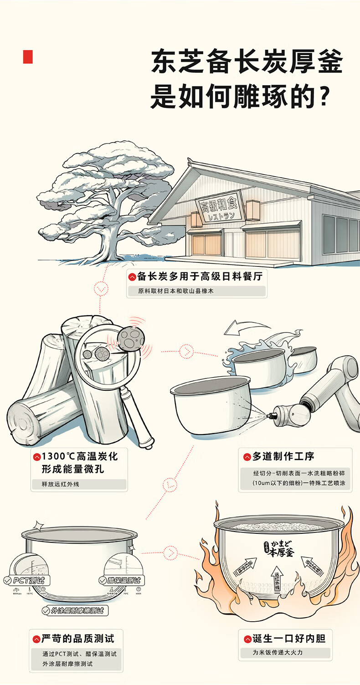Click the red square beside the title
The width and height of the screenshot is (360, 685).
tap(28, 56)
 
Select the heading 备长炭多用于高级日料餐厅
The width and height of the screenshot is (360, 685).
tap(200, 276)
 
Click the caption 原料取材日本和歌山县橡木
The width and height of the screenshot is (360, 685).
tap(176, 291)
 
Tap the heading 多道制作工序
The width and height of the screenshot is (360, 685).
tap(283, 456)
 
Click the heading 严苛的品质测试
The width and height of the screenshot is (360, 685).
tap(77, 639)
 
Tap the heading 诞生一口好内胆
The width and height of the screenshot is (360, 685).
tap(289, 639)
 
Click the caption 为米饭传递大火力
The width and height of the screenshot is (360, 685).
tap(278, 652)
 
